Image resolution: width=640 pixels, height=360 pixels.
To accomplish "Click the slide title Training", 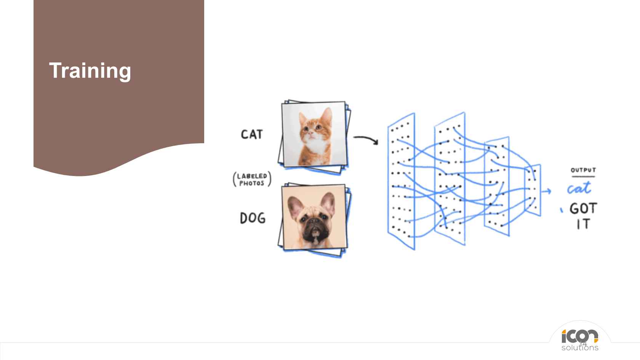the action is tap(90, 71).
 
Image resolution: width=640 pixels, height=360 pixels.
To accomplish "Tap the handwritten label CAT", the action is tap(252, 134).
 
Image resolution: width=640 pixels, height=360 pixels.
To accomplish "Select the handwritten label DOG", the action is tap(253, 218).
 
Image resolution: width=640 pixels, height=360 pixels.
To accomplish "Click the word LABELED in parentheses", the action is tap(252, 176).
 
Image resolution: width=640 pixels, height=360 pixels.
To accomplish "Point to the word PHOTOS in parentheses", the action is tap(252, 184).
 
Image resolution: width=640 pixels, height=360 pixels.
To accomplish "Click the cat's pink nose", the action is tap(310, 133).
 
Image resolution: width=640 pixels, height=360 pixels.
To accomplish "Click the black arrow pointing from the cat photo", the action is tap(366, 140).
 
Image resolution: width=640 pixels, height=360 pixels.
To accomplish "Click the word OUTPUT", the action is tap(583, 170).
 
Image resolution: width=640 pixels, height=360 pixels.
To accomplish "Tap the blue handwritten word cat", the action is tap(579, 188).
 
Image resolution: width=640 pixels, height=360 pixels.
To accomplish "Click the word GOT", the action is tap(583, 208).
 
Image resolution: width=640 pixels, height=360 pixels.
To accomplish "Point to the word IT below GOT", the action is tap(583, 224).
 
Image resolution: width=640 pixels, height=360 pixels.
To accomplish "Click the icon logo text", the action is tap(580, 336).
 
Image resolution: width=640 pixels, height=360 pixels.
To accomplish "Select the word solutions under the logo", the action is tap(580, 348).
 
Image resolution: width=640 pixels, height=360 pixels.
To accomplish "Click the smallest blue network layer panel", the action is tap(533, 190).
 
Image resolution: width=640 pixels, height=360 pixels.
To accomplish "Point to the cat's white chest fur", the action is tap(316, 146).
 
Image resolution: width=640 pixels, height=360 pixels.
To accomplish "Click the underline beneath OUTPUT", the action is tap(584, 177).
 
